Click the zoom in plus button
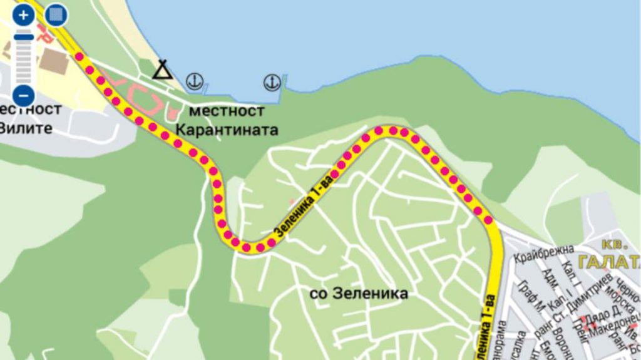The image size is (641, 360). coord(24,15)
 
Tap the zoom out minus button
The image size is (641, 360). coord(24,96)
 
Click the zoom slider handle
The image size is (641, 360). coord(24,37)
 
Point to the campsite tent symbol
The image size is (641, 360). coord(163,69)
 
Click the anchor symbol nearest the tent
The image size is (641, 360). coord(195,81)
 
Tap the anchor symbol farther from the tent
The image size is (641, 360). coord(271,81)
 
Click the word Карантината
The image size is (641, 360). coord(227,130)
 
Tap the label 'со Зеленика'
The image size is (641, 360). coord(359,293)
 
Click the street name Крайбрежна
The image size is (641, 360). coord(543,254)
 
